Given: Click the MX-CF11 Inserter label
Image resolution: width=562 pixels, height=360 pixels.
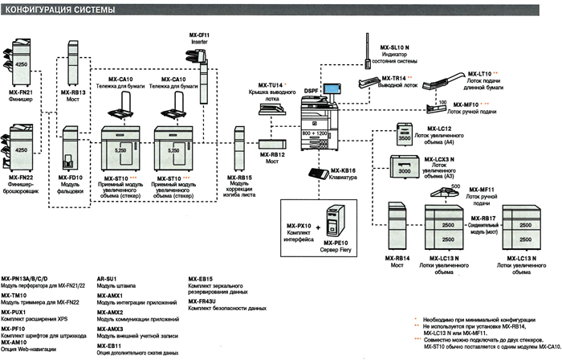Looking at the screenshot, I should click(x=200, y=39).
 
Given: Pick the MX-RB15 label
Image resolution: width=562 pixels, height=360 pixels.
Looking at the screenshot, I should click(x=239, y=178).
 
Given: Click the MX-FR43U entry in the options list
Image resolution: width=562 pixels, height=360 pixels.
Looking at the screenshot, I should click(x=204, y=301).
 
